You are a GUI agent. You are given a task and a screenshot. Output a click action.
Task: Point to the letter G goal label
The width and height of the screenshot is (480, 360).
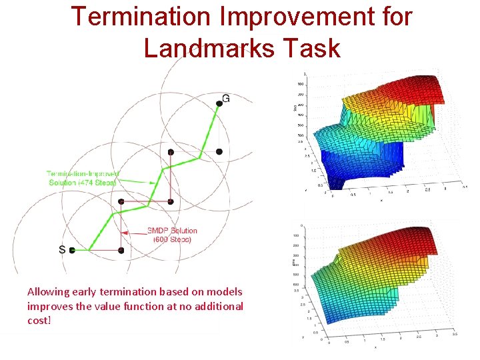pos(226,99)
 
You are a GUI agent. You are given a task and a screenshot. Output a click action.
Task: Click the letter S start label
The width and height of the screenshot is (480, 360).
pos(62,249)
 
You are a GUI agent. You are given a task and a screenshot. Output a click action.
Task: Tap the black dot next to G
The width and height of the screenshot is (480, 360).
pos(219,103)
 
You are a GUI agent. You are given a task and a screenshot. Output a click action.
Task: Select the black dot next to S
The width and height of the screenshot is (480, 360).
pos(72,251)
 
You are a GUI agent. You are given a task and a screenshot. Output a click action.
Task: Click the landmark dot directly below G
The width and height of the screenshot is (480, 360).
pos(219,151)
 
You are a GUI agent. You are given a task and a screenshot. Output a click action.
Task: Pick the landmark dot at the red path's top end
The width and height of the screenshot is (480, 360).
pos(171,152)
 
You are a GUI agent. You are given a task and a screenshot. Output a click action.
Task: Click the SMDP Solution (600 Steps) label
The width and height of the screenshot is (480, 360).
pos(172,235)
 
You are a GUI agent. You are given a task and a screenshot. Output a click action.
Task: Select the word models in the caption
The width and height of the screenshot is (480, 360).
pos(225,292)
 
